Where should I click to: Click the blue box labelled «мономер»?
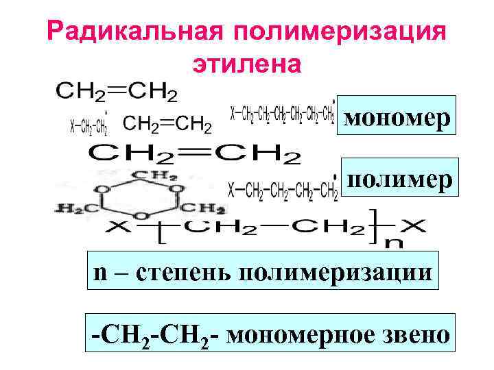[x=397, y=117]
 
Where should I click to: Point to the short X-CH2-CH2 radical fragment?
[x=90, y=125]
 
